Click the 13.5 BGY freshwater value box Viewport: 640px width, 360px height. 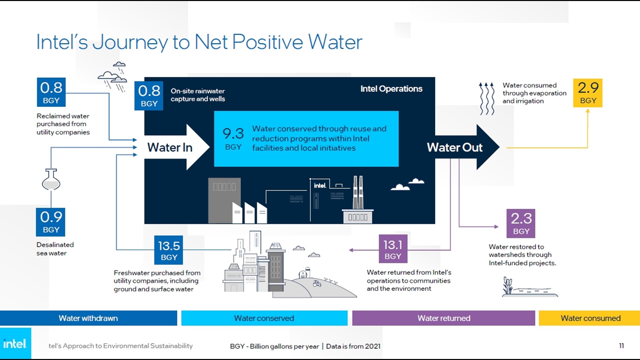(169, 250)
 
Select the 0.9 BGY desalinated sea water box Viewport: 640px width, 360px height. (51, 222)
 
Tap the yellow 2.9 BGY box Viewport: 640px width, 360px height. (588, 93)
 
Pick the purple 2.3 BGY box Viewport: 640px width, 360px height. (521, 223)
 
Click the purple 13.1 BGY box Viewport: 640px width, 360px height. (393, 249)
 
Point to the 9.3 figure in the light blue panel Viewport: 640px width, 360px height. (233, 134)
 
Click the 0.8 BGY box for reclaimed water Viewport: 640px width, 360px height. (51, 92)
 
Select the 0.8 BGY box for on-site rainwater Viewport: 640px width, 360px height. (149, 96)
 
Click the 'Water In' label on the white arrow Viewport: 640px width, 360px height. (170, 147)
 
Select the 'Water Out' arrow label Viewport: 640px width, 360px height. (455, 147)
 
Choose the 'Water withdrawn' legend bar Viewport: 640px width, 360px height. (88, 318)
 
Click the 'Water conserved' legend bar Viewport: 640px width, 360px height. (264, 318)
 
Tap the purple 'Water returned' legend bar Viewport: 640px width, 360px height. (444, 318)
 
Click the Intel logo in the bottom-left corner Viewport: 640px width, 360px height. (15, 344)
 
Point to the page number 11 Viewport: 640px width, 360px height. (621, 346)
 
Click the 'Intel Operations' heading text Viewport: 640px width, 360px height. (391, 89)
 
